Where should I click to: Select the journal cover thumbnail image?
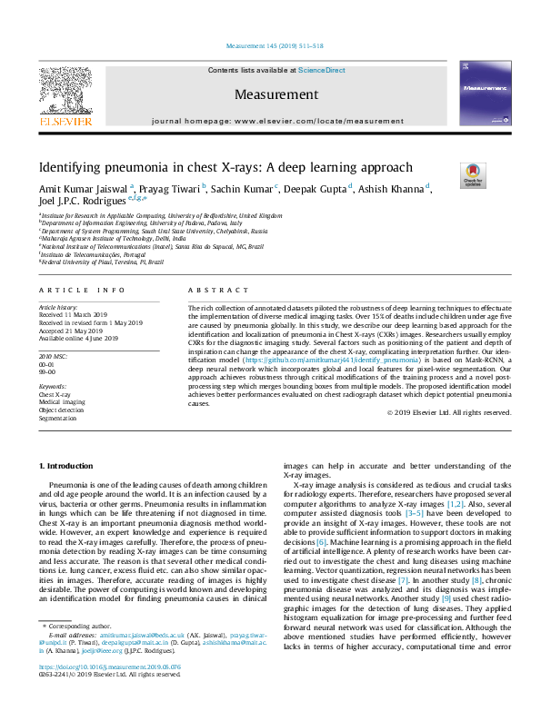coord(487,95)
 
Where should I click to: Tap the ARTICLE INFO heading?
coord(83,290)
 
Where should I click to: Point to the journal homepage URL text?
coord(277,120)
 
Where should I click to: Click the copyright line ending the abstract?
coord(462,412)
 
